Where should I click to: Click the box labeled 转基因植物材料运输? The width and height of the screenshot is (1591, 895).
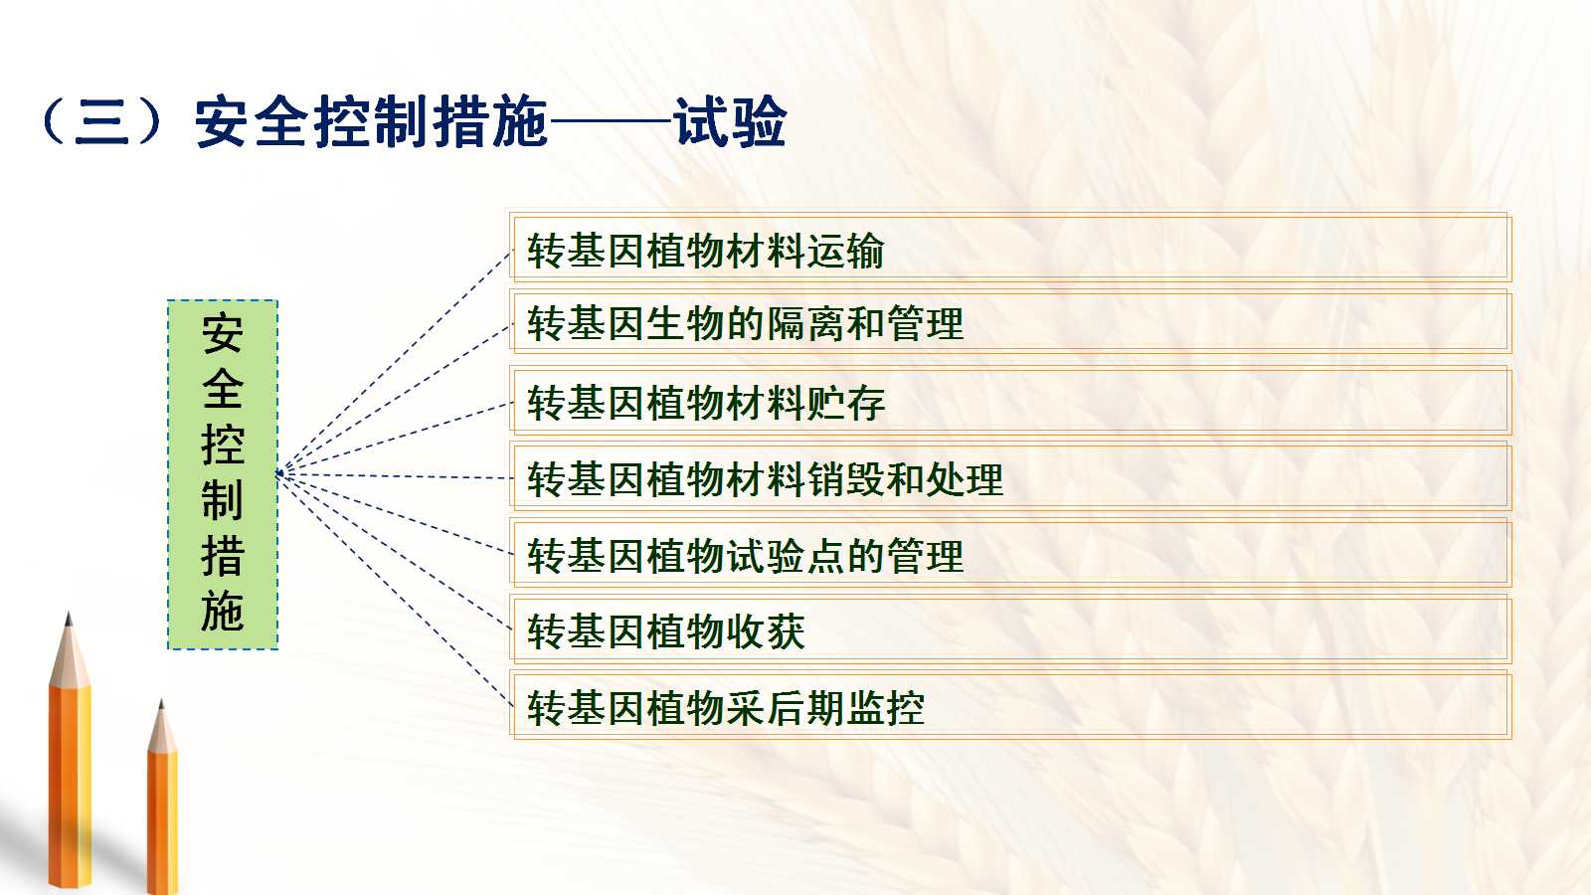1010,249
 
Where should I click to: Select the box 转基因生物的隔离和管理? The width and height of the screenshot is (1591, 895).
1010,322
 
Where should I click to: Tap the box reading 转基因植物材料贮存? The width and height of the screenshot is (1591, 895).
1010,400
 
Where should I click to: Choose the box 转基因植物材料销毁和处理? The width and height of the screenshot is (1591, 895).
1010,477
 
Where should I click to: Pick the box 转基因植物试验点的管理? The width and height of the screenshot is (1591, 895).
1010,553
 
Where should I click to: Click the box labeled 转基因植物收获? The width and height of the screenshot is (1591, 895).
1010,630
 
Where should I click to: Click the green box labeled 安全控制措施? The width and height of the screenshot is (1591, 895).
223,474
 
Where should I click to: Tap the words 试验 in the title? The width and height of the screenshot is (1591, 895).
730,122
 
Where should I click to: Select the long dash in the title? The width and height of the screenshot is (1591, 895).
611,121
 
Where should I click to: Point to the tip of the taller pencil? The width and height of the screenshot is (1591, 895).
69,613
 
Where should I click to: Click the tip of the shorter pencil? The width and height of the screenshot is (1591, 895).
161,702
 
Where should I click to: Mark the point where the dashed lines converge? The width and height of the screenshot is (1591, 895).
280,473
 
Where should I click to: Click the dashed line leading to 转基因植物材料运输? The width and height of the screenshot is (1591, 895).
397,362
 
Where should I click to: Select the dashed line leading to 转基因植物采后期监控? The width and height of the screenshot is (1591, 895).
397,590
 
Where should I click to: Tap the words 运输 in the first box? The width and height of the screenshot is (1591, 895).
845,250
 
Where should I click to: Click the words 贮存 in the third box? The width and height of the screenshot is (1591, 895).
845,402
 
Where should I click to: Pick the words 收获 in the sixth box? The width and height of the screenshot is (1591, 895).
766,630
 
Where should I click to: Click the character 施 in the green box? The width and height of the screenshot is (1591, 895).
223,611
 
